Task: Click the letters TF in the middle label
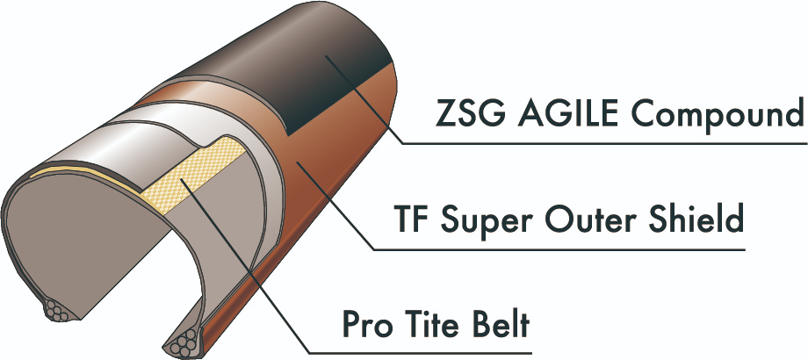coord(412,219)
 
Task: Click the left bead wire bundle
coord(57,311)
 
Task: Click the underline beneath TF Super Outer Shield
coord(559,250)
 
